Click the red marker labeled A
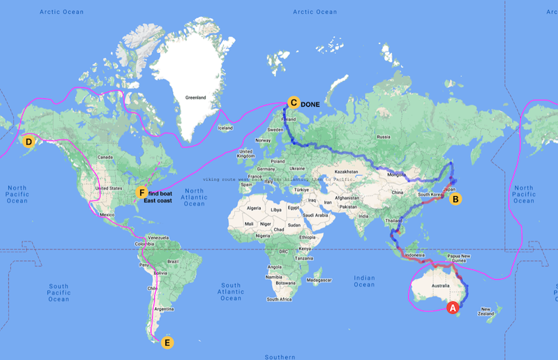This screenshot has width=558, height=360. click(452, 307)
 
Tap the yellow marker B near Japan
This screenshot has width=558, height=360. click(455, 199)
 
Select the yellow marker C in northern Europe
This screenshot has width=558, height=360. click(294, 103)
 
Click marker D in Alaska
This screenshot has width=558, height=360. click(29, 142)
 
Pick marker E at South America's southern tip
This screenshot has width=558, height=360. click(167, 343)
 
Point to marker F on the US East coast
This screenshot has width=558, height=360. click(142, 193)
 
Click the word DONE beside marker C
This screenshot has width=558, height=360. click(310, 104)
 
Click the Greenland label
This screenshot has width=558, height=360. click(195, 98)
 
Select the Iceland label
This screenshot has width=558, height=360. click(225, 128)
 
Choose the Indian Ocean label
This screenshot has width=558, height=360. click(364, 280)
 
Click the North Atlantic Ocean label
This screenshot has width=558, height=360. click(194, 197)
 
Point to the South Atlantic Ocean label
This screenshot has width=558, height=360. click(231, 292)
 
